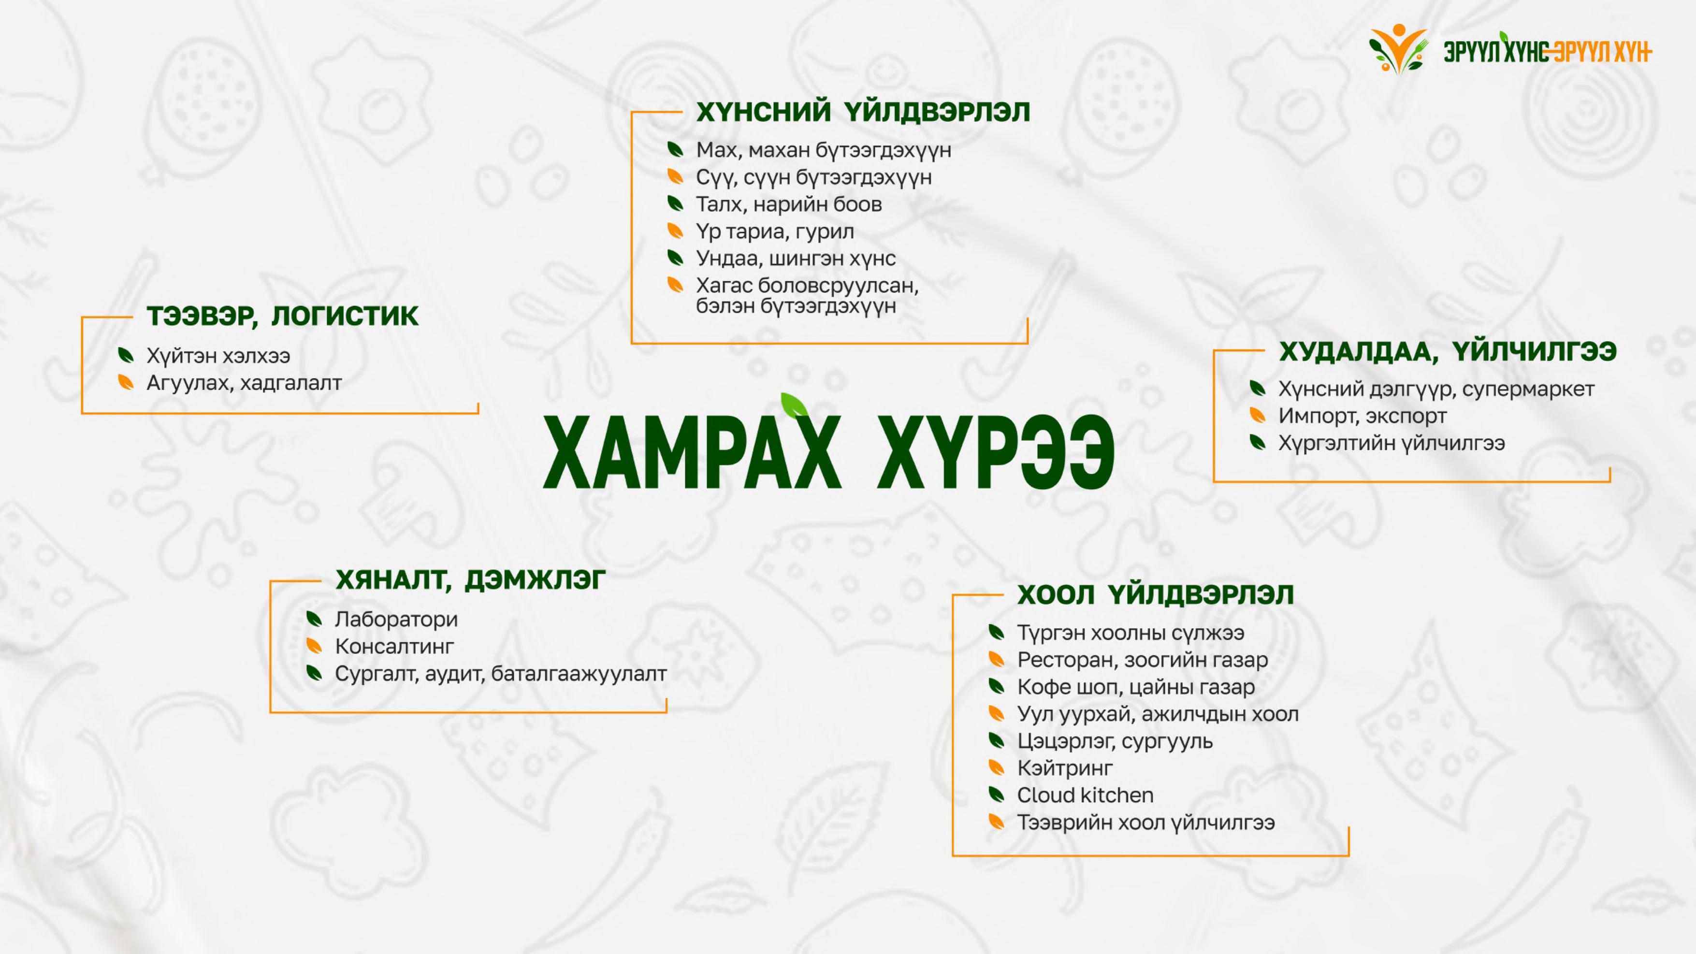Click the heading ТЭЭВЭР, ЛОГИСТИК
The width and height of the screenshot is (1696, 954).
282,317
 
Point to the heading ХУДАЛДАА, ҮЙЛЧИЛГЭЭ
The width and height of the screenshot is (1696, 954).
1448,351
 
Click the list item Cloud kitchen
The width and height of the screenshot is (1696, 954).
1086,795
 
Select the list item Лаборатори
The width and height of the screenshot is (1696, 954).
396,620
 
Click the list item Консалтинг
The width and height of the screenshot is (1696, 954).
394,647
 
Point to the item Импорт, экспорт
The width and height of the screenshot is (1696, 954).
1362,416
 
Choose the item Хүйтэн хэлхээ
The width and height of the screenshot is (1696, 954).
218,356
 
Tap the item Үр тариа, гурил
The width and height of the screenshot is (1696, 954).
775,232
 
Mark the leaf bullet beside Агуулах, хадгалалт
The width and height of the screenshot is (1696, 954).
126,383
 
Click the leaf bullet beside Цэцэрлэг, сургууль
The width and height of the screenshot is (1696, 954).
997,741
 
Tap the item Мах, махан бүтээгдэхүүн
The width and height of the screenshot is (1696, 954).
824,151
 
